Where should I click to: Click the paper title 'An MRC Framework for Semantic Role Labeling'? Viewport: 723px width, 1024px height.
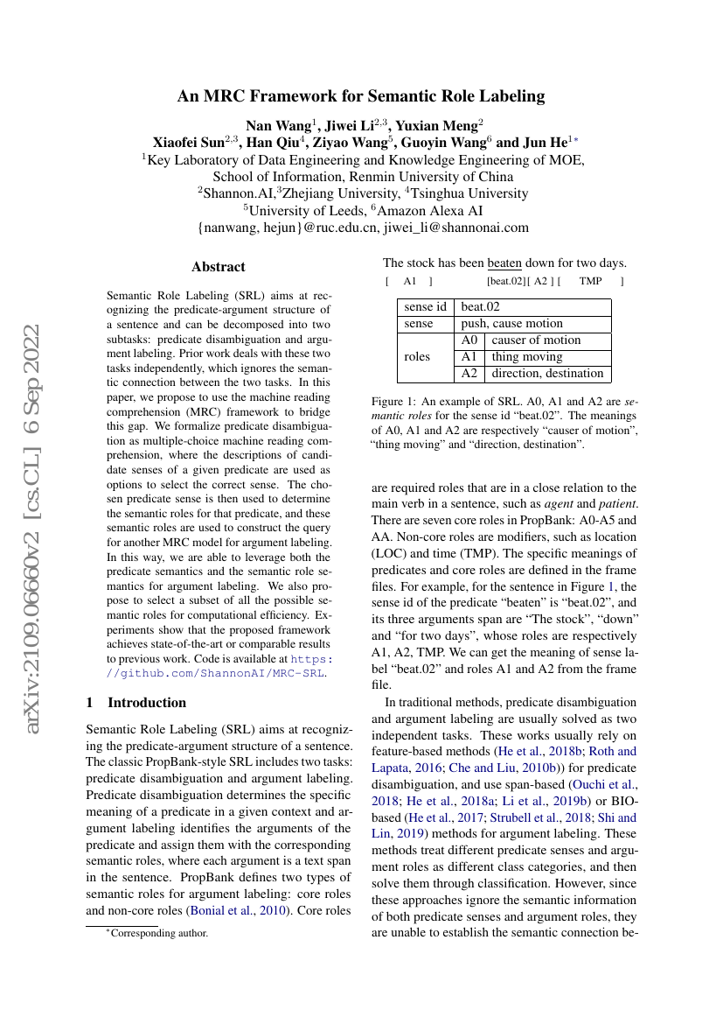click(x=361, y=96)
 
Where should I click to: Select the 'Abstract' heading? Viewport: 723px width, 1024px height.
click(x=219, y=267)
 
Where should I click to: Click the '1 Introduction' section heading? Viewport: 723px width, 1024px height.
click(x=136, y=702)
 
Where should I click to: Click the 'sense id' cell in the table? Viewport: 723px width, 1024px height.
click(x=426, y=307)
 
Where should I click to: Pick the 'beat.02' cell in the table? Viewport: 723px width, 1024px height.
click(x=481, y=307)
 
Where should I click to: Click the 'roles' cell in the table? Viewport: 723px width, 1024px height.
click(x=417, y=357)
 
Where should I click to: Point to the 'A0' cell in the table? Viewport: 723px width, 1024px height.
click(x=469, y=340)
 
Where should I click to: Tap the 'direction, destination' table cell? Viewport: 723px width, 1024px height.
click(x=547, y=374)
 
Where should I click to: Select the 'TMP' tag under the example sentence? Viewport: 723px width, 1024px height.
click(x=590, y=281)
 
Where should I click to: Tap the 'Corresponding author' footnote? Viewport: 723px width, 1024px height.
click(x=157, y=933)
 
